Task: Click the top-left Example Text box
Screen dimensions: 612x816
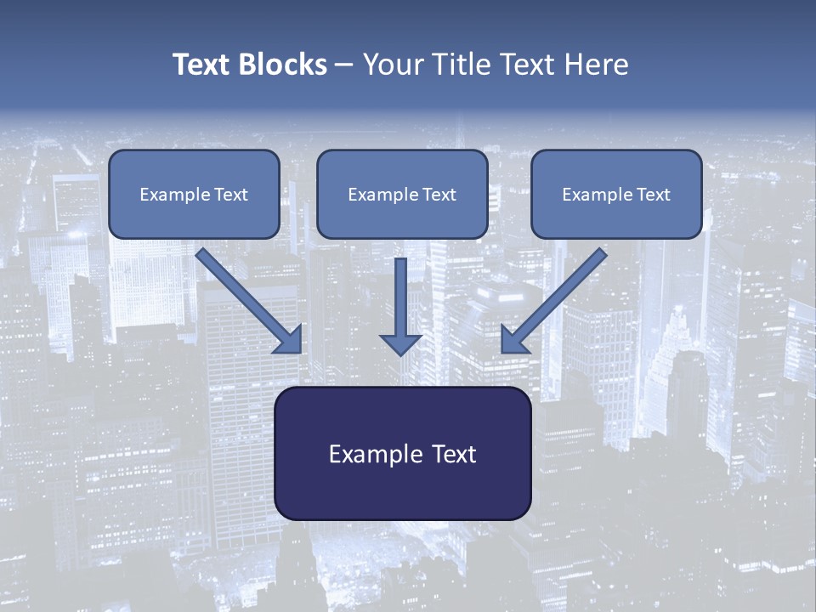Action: (194, 195)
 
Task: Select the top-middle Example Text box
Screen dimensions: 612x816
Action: (402, 195)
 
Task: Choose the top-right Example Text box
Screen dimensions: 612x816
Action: (616, 195)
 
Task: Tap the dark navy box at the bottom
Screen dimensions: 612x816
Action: (402, 454)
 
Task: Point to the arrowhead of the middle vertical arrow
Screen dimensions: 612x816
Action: (400, 344)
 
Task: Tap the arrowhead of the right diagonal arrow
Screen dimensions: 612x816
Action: (513, 340)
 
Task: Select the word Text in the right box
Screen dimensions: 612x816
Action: (653, 195)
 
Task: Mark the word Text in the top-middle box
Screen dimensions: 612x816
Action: (439, 195)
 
